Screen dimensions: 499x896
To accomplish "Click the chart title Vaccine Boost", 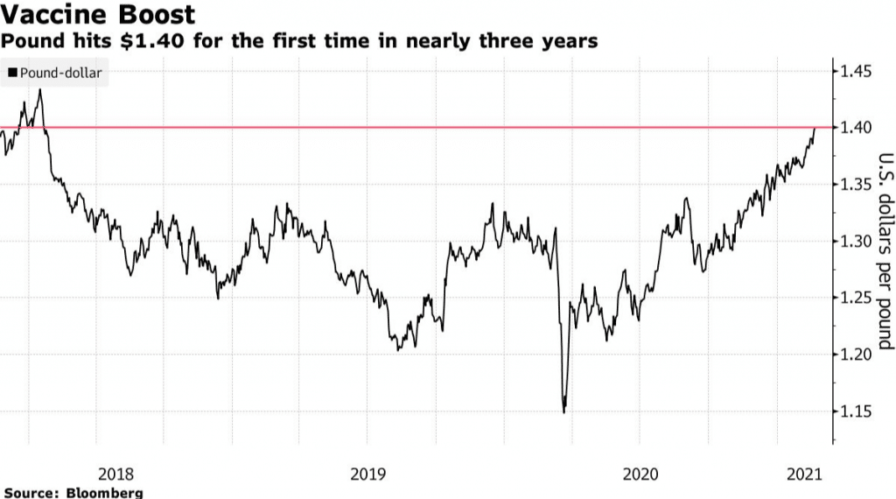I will coord(98,15).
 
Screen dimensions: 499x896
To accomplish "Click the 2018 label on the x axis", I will coord(115,474).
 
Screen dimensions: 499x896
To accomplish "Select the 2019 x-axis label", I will coord(368,474).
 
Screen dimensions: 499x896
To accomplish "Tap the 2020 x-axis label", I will coord(640,474).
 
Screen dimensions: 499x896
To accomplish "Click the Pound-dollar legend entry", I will coord(60,73).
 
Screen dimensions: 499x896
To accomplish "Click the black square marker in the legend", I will coord(12,73).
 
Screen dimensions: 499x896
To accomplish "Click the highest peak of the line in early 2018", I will coord(39,89).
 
